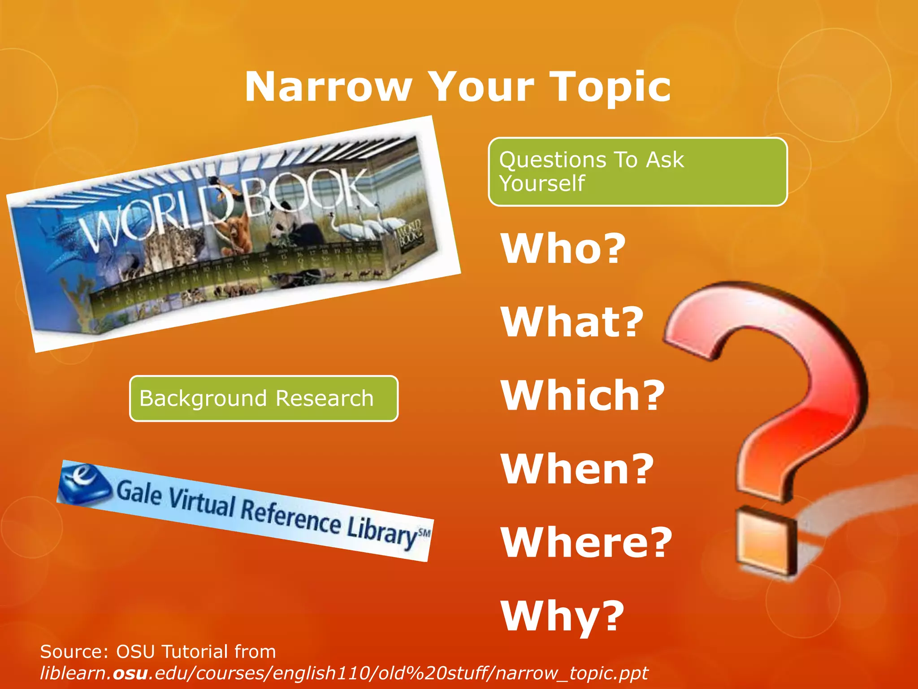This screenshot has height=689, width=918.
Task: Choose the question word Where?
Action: click(586, 542)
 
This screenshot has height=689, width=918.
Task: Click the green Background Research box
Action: click(264, 398)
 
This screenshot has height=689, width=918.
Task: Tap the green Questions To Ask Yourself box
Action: click(637, 172)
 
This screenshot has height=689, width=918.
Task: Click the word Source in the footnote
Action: click(72, 652)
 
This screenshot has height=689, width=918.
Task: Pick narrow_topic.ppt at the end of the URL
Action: click(572, 673)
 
